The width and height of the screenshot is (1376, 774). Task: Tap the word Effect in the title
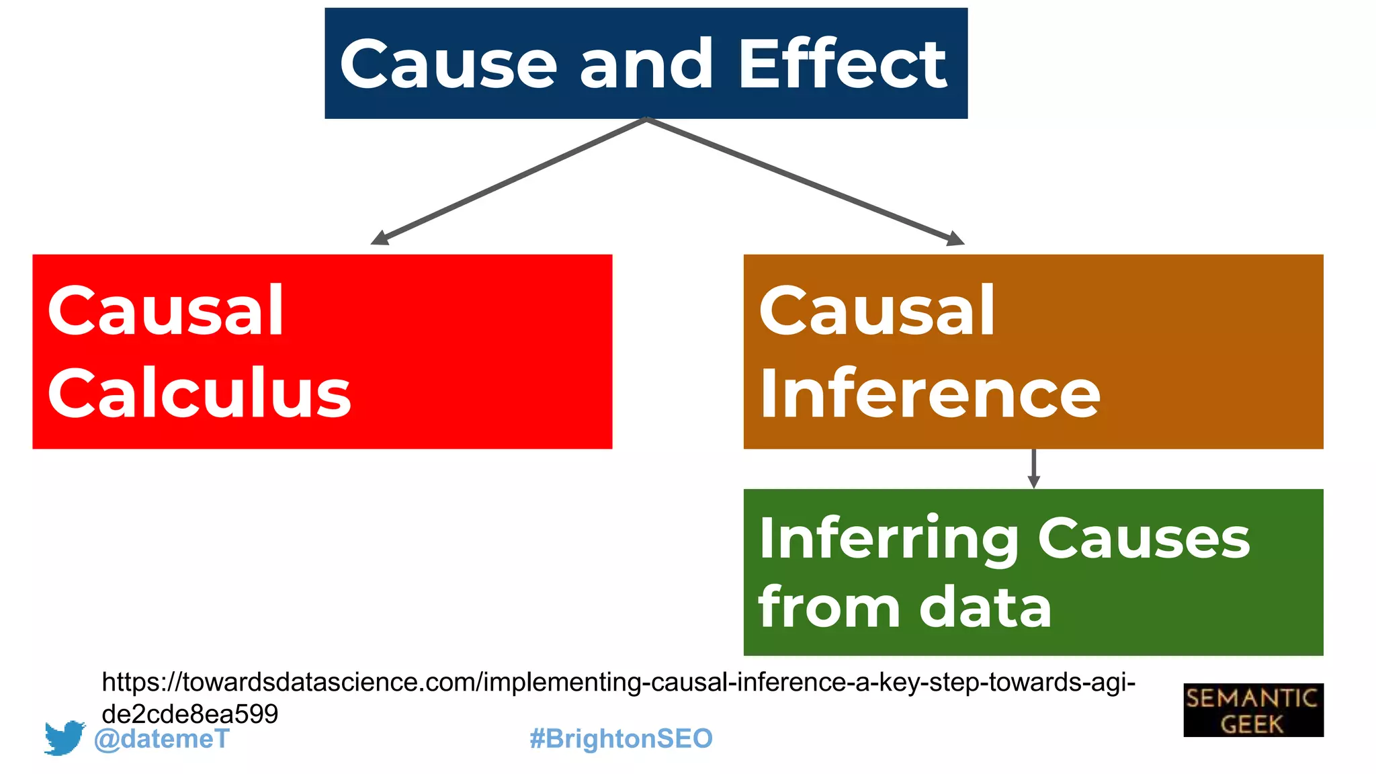pyautogui.click(x=843, y=64)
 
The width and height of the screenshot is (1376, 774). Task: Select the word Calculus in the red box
pyautogui.click(x=200, y=394)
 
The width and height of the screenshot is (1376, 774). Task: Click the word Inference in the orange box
pyautogui.click(x=930, y=394)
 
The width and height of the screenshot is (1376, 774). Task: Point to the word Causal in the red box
pyautogui.click(x=166, y=310)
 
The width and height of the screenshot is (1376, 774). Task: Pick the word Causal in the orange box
pyautogui.click(x=877, y=310)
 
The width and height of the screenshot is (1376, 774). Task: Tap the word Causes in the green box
pyautogui.click(x=1144, y=539)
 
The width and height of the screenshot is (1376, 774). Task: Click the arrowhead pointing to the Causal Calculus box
pyautogui.click(x=380, y=238)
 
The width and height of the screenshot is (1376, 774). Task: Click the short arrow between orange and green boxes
pyautogui.click(x=1034, y=469)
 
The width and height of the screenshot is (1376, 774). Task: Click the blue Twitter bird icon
pyautogui.click(x=64, y=738)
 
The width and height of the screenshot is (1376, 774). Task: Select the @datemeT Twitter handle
pyautogui.click(x=162, y=739)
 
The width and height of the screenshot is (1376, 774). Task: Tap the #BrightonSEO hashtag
pyautogui.click(x=621, y=738)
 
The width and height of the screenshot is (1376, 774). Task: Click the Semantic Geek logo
pyautogui.click(x=1253, y=710)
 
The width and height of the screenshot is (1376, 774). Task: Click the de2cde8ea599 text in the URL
pyautogui.click(x=189, y=714)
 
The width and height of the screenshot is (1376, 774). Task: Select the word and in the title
pyautogui.click(x=646, y=64)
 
